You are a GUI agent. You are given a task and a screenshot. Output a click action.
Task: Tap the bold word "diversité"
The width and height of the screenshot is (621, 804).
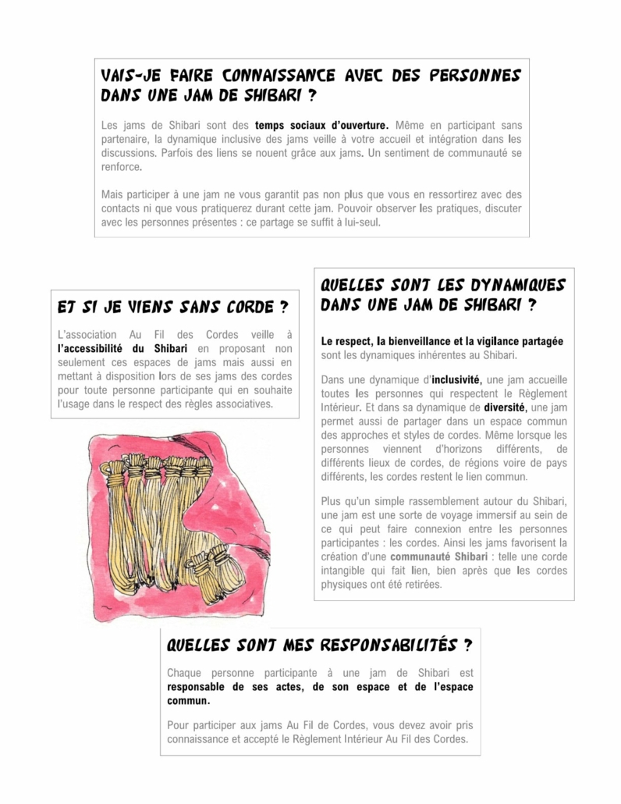[x=506, y=407]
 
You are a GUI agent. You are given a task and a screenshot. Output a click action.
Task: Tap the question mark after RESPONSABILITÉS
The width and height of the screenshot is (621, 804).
[x=467, y=646]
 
